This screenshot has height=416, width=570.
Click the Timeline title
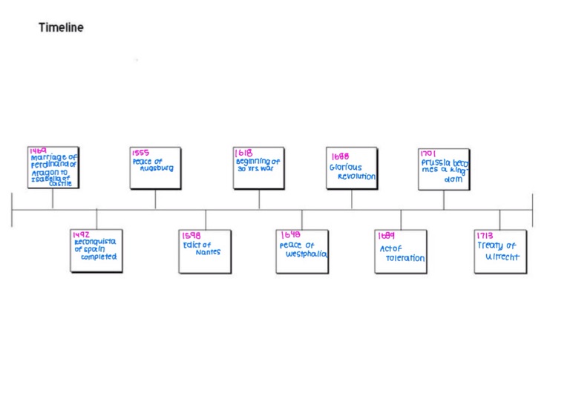pos(61,27)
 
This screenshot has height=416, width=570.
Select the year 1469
pos(38,151)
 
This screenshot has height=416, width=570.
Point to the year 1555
pos(141,153)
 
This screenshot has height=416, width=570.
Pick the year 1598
pos(191,236)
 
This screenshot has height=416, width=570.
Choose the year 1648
pos(290,235)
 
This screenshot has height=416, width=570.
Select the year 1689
pos(386,236)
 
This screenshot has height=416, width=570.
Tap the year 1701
pos(428,153)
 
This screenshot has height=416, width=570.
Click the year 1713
pos(485,236)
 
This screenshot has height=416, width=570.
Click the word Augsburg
pos(157,168)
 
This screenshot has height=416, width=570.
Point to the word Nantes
pos(208,252)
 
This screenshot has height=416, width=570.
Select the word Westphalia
pos(307,254)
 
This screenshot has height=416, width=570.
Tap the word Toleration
pos(404,258)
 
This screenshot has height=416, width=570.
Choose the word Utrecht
pos(502,257)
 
